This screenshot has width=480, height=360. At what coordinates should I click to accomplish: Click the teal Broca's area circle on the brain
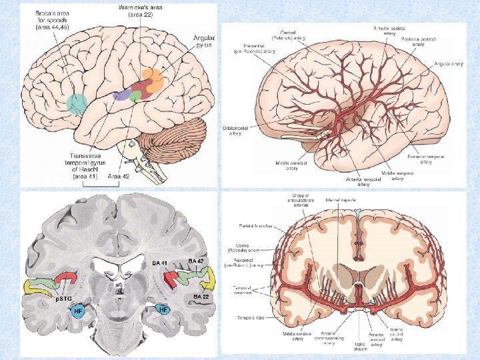(x=77, y=103)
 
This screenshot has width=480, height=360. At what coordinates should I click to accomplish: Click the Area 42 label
(x=119, y=177)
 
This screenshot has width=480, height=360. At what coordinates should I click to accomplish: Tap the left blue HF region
(x=78, y=311)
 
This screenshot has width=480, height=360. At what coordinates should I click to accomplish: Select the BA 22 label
(x=202, y=297)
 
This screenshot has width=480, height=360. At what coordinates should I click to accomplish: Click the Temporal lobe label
(x=251, y=317)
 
